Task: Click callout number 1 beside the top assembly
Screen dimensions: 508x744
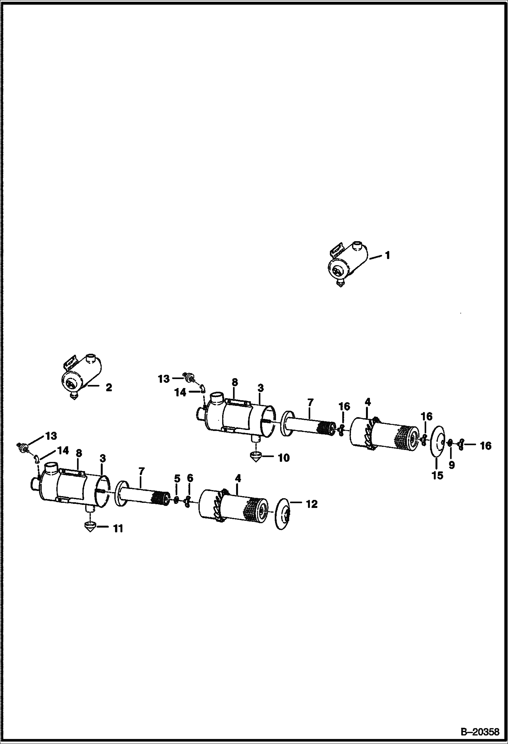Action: (387, 255)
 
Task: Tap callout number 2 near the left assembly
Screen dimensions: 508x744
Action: (109, 387)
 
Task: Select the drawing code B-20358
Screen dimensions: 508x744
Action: (480, 731)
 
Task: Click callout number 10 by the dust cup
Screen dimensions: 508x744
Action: (284, 458)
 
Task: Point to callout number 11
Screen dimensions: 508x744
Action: (118, 528)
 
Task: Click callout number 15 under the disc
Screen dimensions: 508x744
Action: (437, 475)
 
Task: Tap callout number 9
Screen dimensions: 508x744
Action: (451, 465)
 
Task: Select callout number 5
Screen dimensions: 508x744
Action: (177, 478)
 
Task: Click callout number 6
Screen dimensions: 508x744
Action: (190, 478)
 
